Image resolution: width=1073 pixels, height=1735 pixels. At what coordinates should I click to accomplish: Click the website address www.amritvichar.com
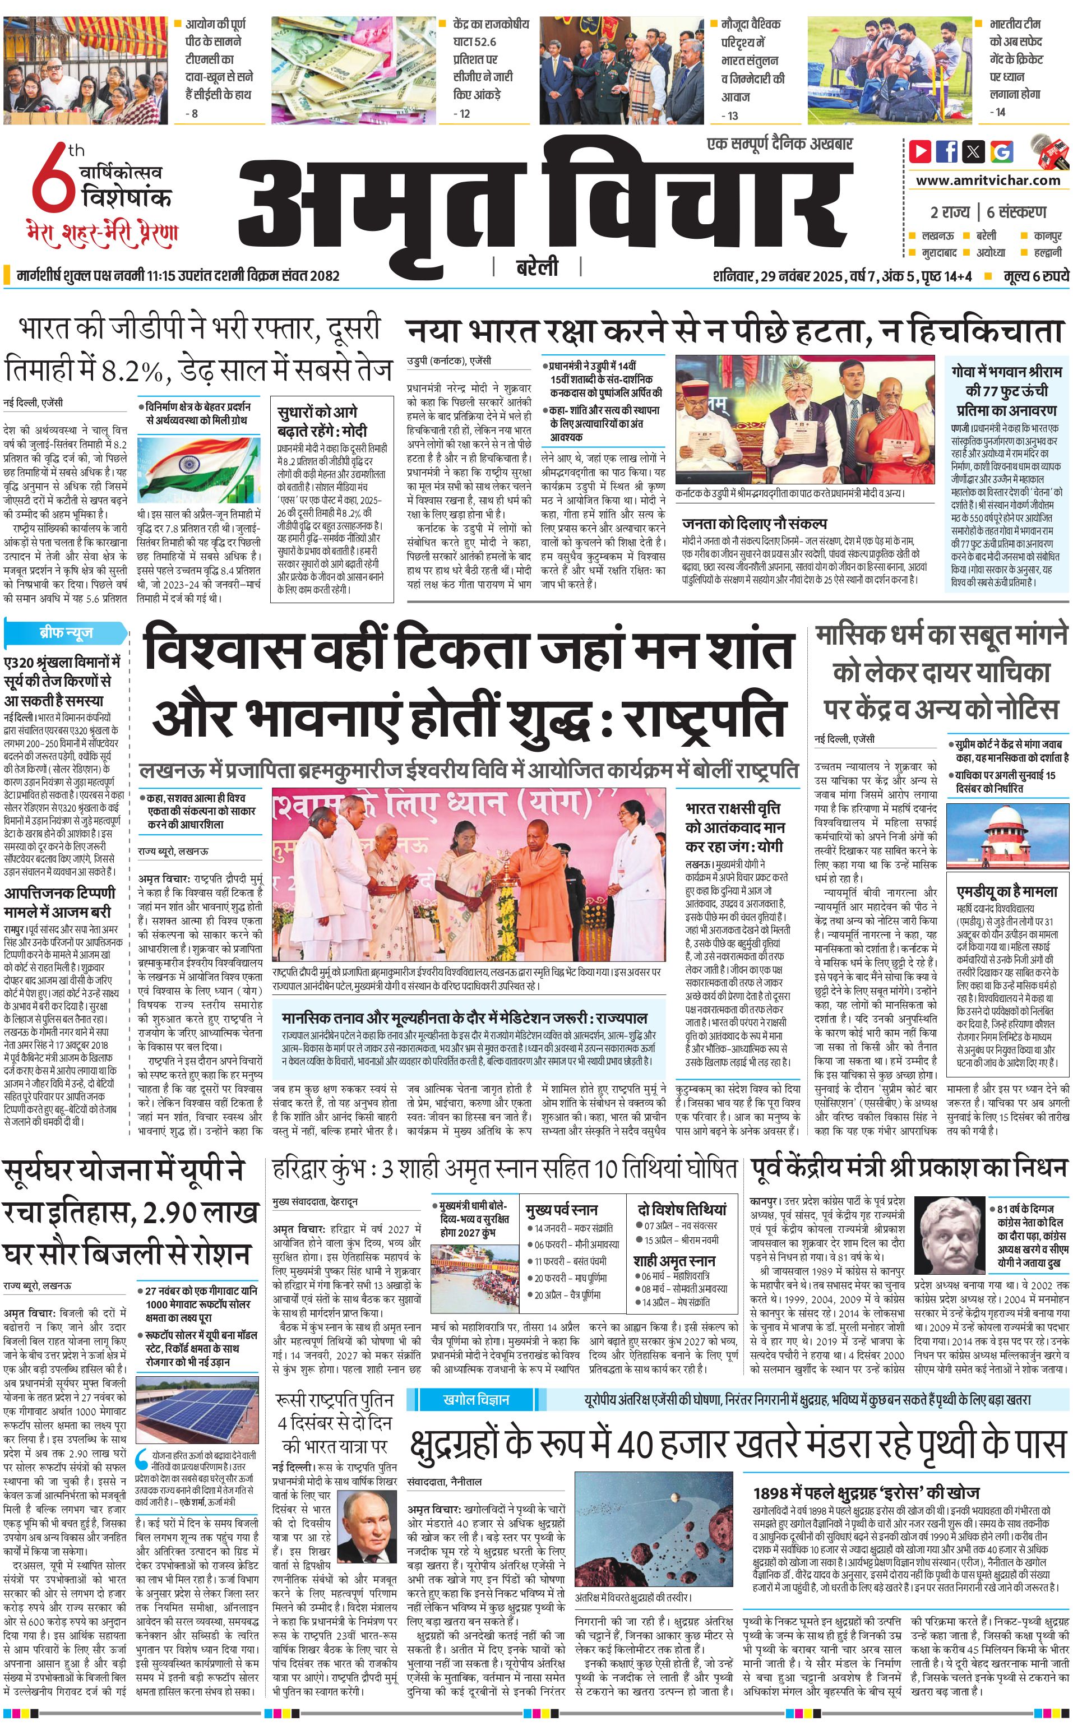[988, 181]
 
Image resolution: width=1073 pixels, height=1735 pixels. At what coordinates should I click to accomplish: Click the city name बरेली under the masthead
[536, 267]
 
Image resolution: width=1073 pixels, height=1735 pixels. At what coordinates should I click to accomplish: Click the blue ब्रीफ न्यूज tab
[66, 632]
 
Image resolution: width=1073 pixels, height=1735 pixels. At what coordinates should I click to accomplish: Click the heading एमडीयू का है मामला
[1006, 891]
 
